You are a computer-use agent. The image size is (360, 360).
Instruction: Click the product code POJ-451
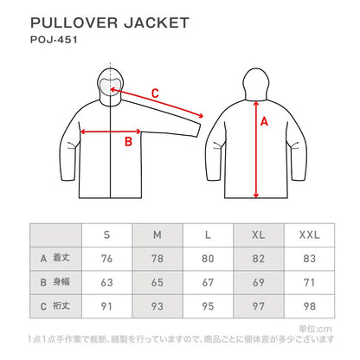(x=54, y=40)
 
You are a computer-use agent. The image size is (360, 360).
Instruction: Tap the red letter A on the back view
(x=264, y=121)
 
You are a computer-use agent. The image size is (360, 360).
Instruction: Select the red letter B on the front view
(x=128, y=142)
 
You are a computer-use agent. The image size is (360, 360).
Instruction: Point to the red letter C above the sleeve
(x=155, y=93)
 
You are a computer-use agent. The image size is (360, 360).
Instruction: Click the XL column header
(x=259, y=235)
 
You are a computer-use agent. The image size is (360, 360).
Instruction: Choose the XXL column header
(x=309, y=235)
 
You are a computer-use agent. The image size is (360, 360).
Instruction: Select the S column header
(x=106, y=235)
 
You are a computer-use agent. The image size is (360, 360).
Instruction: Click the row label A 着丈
(x=55, y=258)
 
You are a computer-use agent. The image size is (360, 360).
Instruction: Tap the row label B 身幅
(x=55, y=282)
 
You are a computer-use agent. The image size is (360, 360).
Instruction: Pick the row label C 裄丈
(x=55, y=305)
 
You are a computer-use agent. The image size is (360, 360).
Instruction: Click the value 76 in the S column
(x=106, y=259)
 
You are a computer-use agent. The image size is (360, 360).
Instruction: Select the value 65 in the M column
(x=157, y=282)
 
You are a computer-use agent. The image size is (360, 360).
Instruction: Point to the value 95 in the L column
(x=208, y=306)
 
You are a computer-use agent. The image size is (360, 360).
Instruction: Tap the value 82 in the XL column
(x=259, y=259)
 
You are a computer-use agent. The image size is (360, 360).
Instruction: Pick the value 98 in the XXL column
(x=309, y=306)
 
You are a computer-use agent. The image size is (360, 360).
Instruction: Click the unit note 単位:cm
(x=315, y=329)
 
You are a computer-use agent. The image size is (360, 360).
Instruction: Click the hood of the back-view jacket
(x=256, y=84)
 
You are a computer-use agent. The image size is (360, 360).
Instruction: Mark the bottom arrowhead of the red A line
(x=256, y=195)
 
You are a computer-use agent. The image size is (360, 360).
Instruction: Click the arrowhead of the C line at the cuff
(x=201, y=115)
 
